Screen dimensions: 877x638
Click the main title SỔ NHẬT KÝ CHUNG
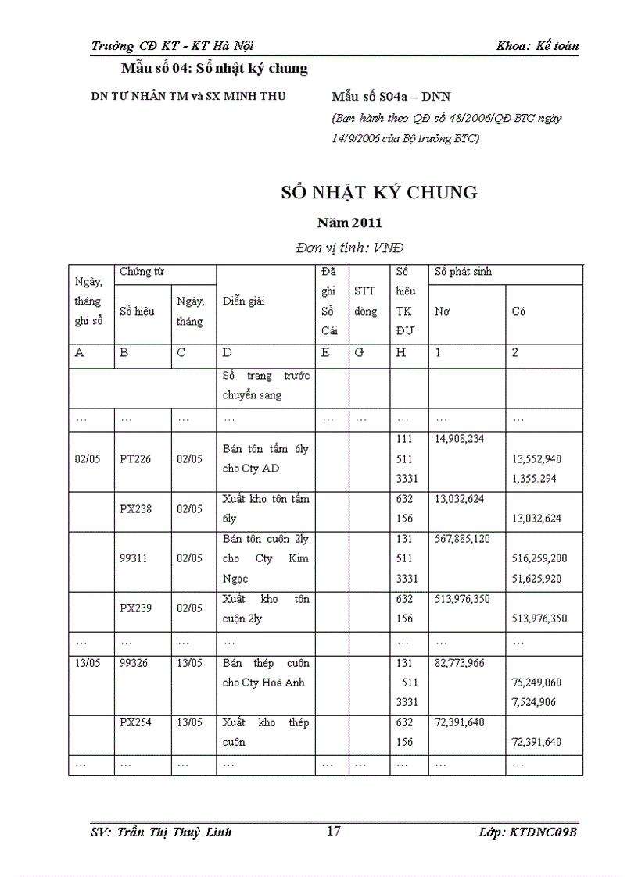click(379, 192)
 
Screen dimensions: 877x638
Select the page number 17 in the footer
click(333, 831)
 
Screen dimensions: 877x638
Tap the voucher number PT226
click(136, 459)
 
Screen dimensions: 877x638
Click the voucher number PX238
click(136, 509)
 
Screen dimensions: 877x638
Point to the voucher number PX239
click(136, 608)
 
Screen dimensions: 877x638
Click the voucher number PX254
click(136, 722)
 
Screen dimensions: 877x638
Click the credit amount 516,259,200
click(539, 559)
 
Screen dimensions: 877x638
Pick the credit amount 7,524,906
click(534, 702)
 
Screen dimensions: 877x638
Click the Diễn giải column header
click(242, 301)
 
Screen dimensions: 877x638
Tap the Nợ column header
click(443, 311)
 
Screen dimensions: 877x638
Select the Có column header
click(518, 311)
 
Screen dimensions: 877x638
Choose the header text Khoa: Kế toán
click(537, 46)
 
